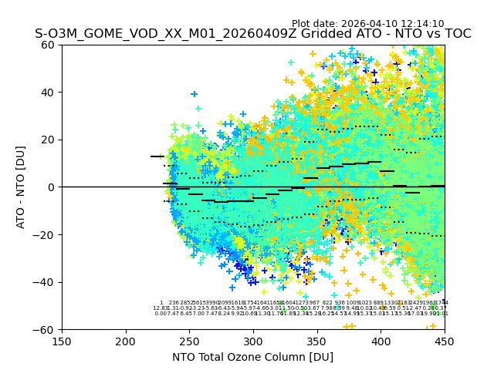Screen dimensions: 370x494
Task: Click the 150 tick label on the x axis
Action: click(x=62, y=341)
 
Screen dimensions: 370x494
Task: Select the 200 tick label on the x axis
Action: click(x=126, y=341)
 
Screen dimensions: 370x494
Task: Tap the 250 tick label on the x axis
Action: click(x=189, y=341)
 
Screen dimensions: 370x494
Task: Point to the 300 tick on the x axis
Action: click(x=253, y=341)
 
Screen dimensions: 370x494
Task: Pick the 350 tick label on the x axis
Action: click(x=317, y=341)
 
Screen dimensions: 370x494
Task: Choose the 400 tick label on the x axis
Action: click(x=381, y=341)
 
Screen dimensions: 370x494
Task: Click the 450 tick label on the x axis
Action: click(x=445, y=341)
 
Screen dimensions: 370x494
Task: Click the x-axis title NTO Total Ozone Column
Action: click(x=253, y=357)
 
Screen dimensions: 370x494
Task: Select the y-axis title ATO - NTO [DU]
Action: click(x=21, y=187)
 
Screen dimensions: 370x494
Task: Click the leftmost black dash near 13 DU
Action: click(x=157, y=156)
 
